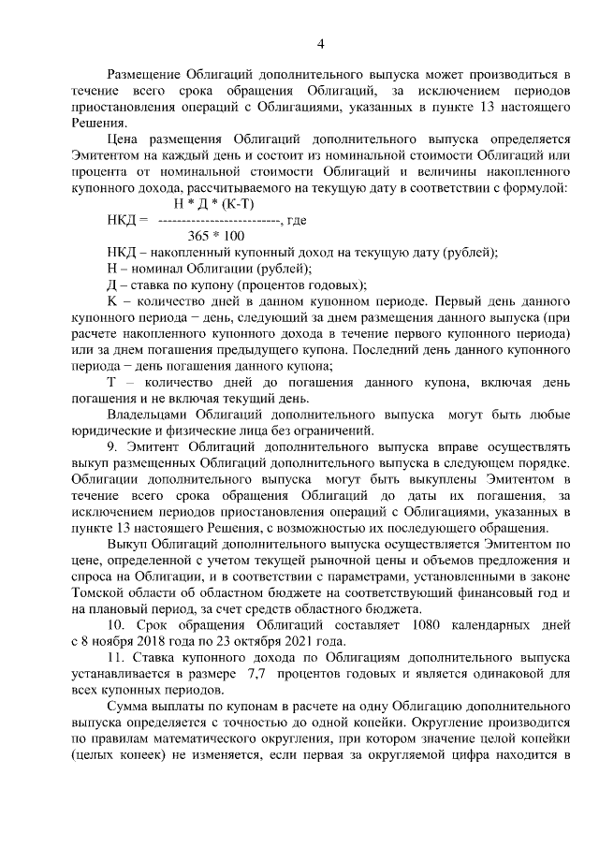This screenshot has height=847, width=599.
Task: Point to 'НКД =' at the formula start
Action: (x=127, y=220)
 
